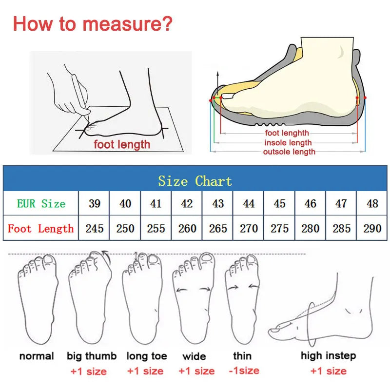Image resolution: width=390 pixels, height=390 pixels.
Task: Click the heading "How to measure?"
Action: (93, 23)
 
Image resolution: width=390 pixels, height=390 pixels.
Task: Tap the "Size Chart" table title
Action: (195, 181)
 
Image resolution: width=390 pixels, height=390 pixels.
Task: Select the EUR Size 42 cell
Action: (187, 203)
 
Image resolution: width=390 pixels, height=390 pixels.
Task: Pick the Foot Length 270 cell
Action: (249, 228)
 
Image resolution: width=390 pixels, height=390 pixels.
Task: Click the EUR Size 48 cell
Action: (372, 203)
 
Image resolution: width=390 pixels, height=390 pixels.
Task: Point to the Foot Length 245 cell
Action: (95, 228)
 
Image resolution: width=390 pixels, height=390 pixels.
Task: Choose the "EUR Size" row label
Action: (41, 203)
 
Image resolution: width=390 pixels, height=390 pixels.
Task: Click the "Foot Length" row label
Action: (41, 228)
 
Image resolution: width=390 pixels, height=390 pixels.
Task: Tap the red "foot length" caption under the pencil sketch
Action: (122, 144)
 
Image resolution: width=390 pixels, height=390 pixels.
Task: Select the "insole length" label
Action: (288, 142)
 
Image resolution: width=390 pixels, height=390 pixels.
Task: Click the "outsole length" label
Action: (289, 152)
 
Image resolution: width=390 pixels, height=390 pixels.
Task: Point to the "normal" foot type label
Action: (37, 356)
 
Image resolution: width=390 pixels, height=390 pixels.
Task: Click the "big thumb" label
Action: (92, 356)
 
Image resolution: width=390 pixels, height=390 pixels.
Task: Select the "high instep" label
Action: (328, 356)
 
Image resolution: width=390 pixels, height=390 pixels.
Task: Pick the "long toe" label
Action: (147, 356)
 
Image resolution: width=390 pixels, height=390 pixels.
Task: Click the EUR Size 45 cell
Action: (280, 203)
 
